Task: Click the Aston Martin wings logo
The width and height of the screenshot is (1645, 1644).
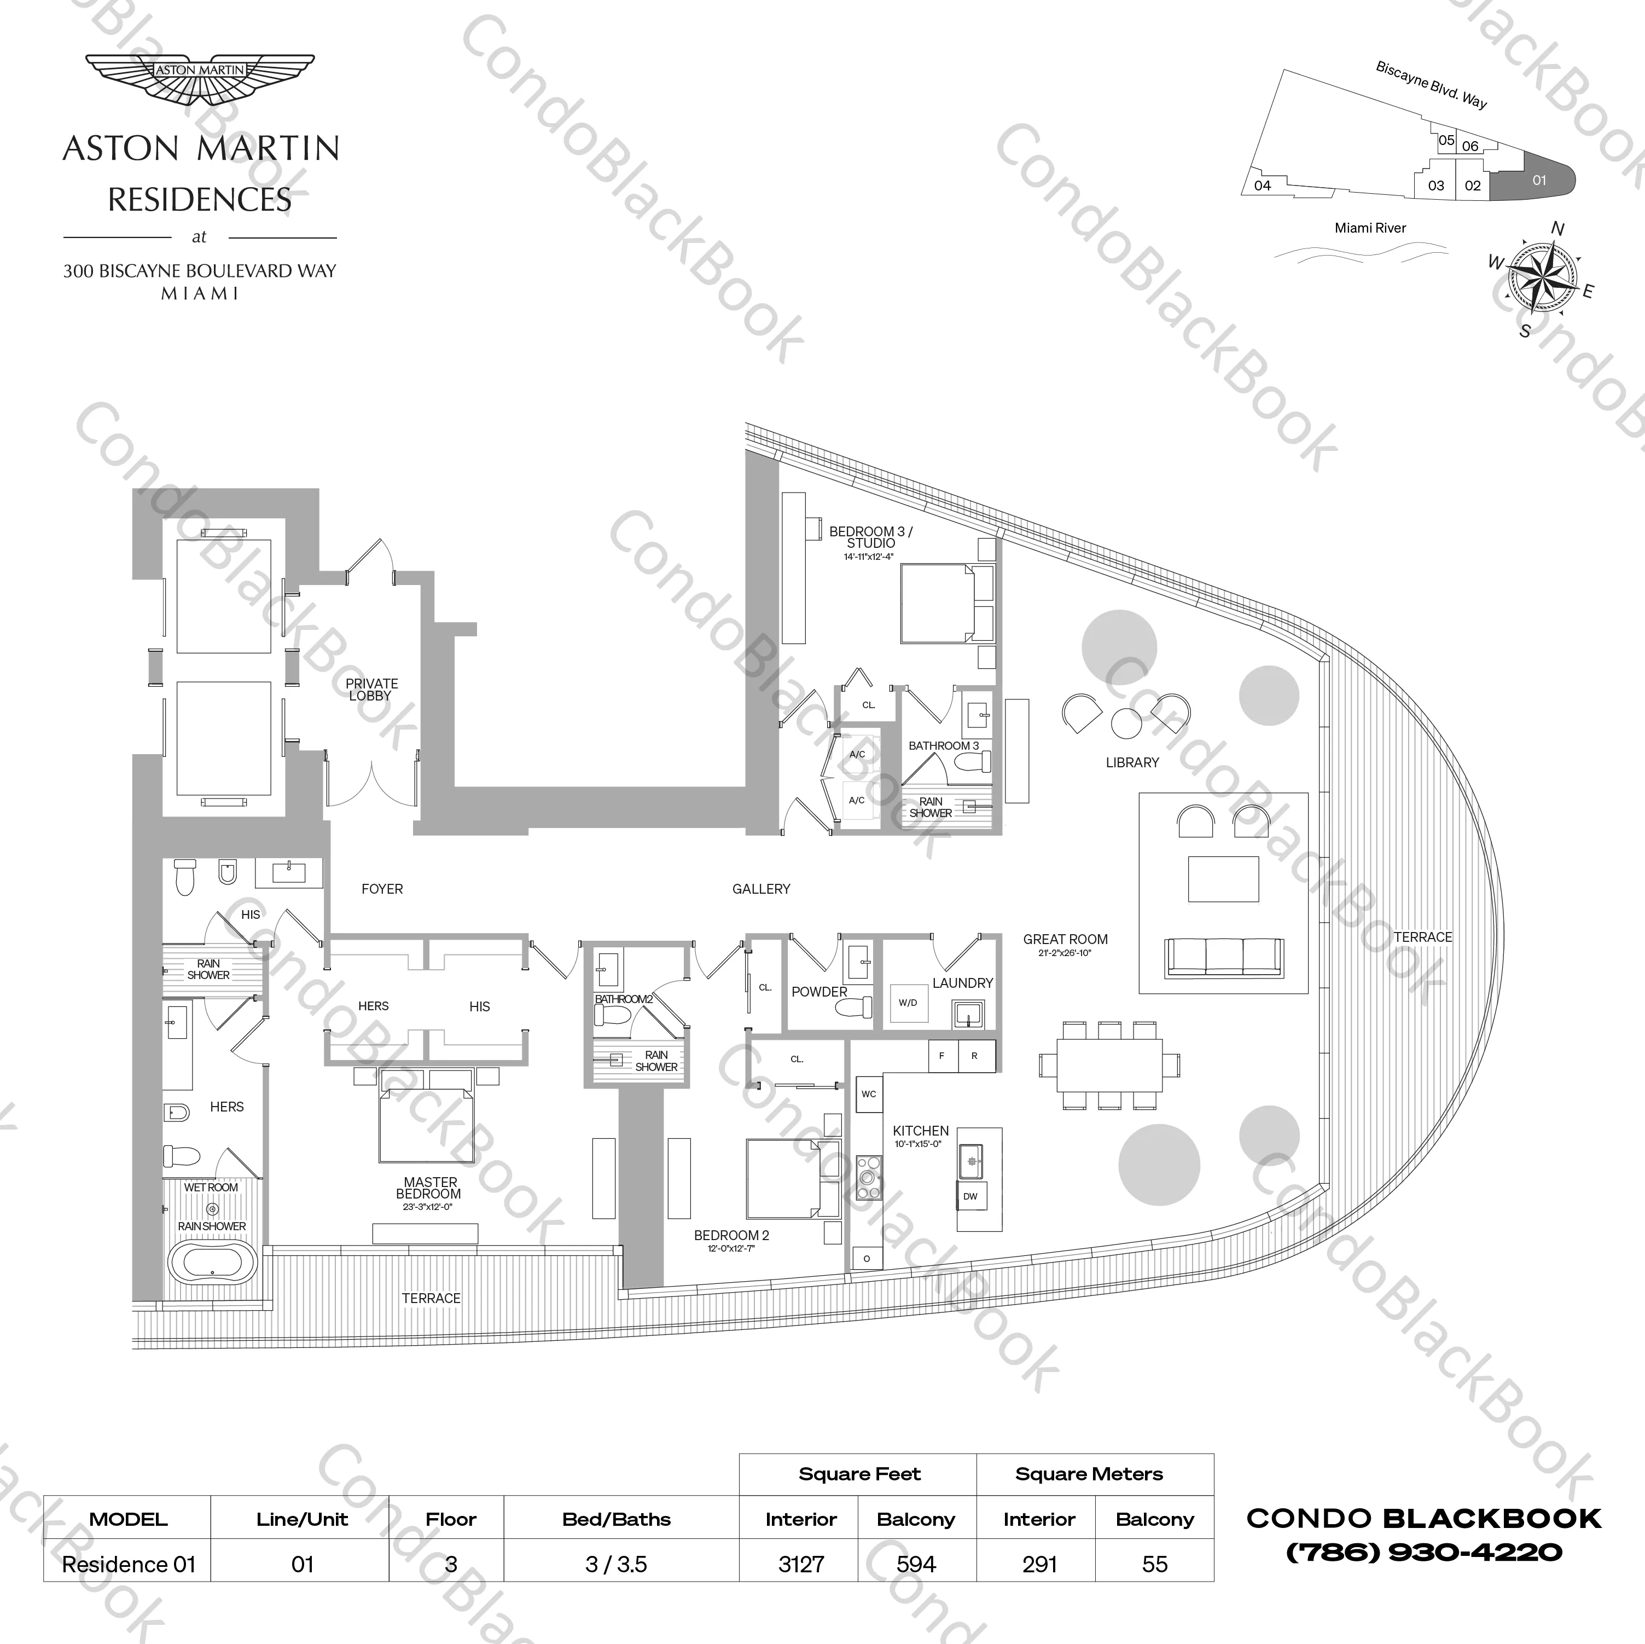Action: [200, 79]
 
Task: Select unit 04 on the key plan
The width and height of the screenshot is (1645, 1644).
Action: [1263, 186]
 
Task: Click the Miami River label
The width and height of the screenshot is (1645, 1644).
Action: [1370, 228]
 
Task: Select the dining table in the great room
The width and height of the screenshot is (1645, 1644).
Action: [1109, 1065]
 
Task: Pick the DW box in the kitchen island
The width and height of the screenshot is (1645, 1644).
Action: [970, 1196]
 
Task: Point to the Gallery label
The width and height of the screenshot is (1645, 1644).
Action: [761, 888]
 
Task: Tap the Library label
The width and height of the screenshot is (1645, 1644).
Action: [1131, 762]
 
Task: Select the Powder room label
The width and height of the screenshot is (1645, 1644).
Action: [818, 992]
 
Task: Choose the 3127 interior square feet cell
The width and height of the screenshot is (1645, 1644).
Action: [800, 1564]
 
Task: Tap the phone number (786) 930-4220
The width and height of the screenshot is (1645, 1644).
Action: [1423, 1552]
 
